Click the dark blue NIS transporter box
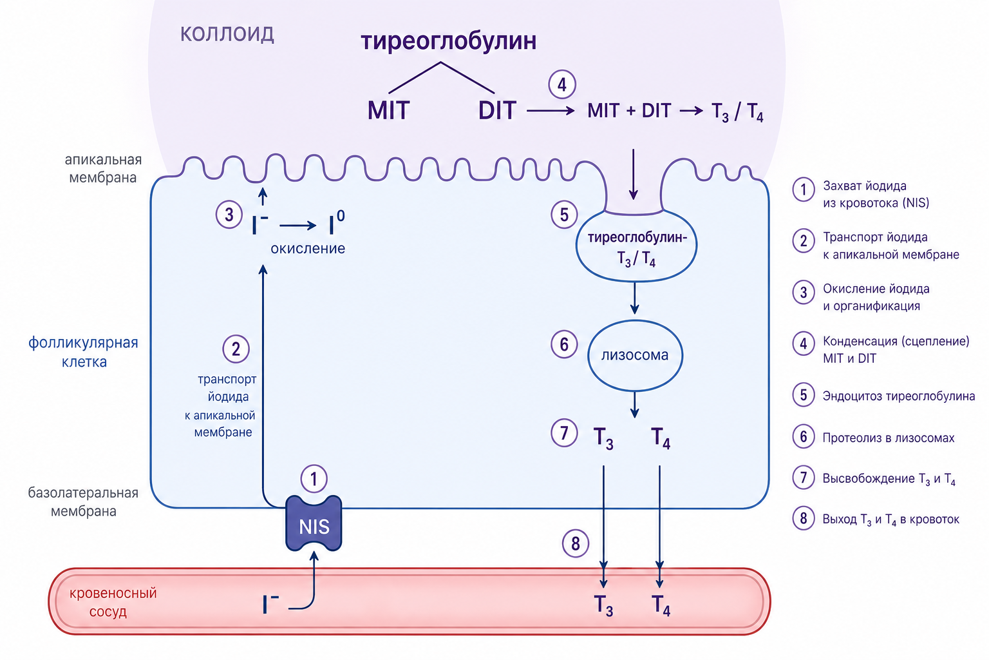[x=314, y=523]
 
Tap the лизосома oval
[x=635, y=355]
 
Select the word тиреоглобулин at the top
[x=449, y=41]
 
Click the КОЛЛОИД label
[x=227, y=34]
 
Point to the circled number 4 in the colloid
[x=562, y=84]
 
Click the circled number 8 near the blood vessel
[x=575, y=543]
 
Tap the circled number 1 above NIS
[x=314, y=479]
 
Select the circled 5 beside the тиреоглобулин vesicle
[x=564, y=215]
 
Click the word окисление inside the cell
[x=308, y=248]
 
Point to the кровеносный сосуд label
[x=113, y=602]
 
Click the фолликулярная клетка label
[x=84, y=352]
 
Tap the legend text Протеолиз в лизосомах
[x=889, y=438]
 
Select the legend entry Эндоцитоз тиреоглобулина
[x=898, y=396]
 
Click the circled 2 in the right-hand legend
[x=804, y=241]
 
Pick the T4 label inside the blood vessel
[x=661, y=605]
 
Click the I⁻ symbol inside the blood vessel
[x=270, y=605]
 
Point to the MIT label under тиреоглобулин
[x=388, y=110]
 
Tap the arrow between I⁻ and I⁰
[x=298, y=226]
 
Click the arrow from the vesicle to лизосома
[x=634, y=298]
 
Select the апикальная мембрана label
[x=103, y=168]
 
